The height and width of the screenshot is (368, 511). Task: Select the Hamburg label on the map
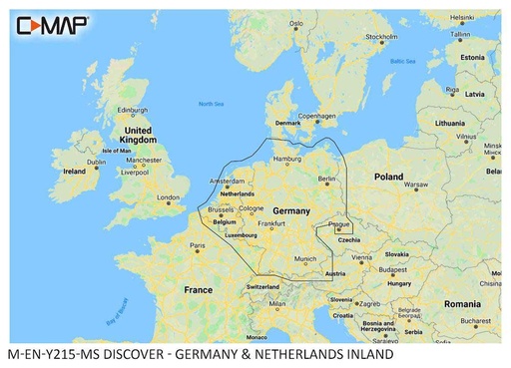point(286,159)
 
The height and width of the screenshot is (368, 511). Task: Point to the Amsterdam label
point(226,182)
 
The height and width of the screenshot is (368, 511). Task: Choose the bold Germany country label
point(291,211)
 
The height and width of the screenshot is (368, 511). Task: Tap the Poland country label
point(388,176)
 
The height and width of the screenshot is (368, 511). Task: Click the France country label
point(199,289)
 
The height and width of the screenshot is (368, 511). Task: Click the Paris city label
point(199,244)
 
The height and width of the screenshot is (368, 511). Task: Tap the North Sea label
point(211,105)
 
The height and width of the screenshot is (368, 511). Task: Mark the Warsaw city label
point(415,184)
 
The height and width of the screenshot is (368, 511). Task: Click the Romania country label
point(463,302)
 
